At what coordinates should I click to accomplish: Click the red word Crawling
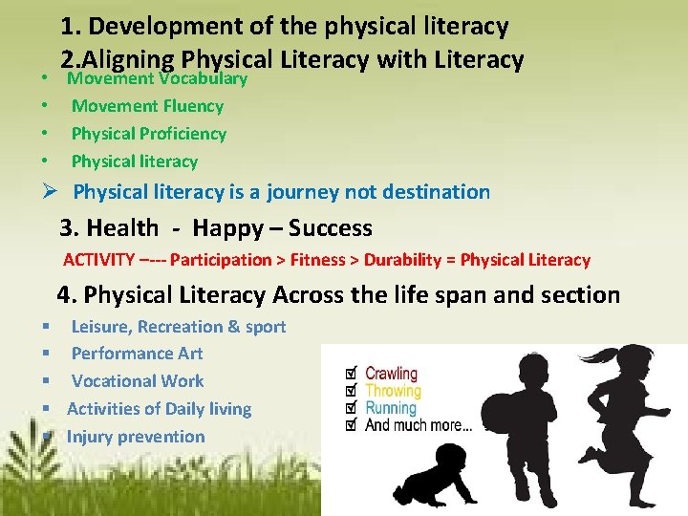pyautogui.click(x=392, y=374)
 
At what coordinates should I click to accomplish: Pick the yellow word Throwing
pyautogui.click(x=393, y=391)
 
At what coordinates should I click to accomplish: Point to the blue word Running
pyautogui.click(x=391, y=408)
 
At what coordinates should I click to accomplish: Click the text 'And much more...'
pyautogui.click(x=418, y=425)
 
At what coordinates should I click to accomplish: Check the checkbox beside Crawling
pyautogui.click(x=351, y=374)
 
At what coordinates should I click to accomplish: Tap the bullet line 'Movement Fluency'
pyautogui.click(x=147, y=106)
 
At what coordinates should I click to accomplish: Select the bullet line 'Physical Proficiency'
pyautogui.click(x=149, y=134)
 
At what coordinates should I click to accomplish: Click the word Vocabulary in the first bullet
pyautogui.click(x=202, y=78)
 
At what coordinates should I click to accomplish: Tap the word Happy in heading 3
pyautogui.click(x=226, y=228)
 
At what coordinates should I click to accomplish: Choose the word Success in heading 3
pyautogui.click(x=330, y=228)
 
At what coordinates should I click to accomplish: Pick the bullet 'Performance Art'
pyautogui.click(x=137, y=354)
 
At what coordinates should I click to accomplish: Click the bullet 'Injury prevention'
pyautogui.click(x=136, y=437)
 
